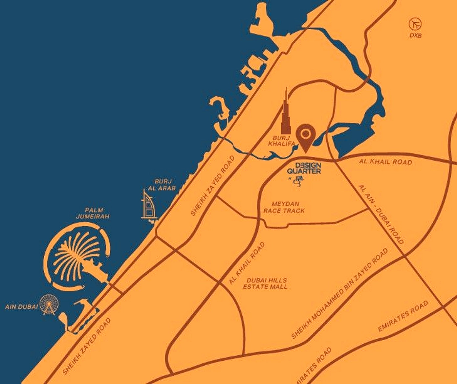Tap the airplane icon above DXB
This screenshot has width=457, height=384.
[415, 24]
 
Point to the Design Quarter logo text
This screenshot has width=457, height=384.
[304, 168]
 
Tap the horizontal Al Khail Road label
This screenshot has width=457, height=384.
[386, 162]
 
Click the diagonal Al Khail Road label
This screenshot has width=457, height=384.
[247, 263]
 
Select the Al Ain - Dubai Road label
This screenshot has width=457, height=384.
[381, 215]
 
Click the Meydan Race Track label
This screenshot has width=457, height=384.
[284, 207]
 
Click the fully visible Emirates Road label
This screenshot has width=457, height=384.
[403, 316]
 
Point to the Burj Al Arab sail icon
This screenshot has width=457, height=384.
[148, 206]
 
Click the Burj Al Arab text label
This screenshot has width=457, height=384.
[164, 185]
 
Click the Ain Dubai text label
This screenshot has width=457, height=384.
[22, 307]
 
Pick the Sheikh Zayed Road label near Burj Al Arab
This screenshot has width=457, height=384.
[213, 186]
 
